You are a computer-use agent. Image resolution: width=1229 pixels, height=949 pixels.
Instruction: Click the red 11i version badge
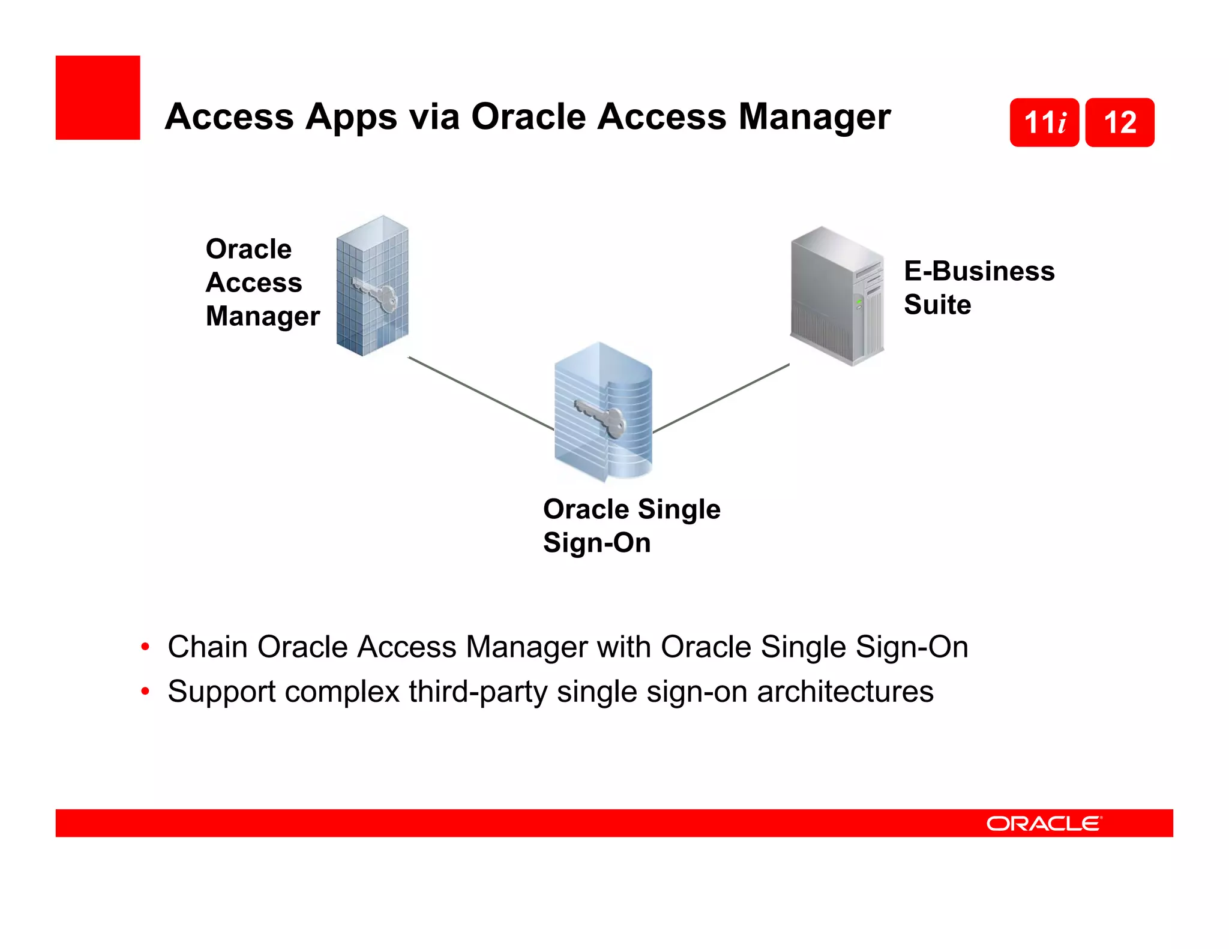pos(1044,122)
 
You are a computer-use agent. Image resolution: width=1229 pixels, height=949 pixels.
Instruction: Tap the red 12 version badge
pos(1120,122)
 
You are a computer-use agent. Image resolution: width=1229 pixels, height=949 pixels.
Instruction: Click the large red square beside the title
pos(98,98)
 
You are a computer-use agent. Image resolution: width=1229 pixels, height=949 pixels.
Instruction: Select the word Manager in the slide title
pos(814,116)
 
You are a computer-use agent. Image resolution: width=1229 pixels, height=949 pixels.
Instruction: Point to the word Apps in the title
pos(351,116)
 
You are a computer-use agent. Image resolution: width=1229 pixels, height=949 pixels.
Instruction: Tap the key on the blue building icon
pos(378,293)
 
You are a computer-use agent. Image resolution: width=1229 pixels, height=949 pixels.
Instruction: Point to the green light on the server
pos(859,302)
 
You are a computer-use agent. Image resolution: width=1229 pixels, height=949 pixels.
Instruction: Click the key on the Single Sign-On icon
pos(602,417)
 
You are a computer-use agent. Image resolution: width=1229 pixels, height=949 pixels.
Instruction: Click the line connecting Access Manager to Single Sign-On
pos(480,394)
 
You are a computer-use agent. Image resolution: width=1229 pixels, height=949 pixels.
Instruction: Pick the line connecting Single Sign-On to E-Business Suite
pos(720,398)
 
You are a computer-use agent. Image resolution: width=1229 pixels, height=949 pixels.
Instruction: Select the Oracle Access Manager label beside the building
pos(262,282)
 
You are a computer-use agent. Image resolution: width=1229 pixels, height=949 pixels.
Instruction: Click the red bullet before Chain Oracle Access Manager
pos(145,647)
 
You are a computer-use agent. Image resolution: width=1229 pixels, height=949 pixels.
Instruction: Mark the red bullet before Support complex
pos(145,692)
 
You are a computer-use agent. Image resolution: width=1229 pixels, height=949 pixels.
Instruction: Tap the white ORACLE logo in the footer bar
pos(1044,824)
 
